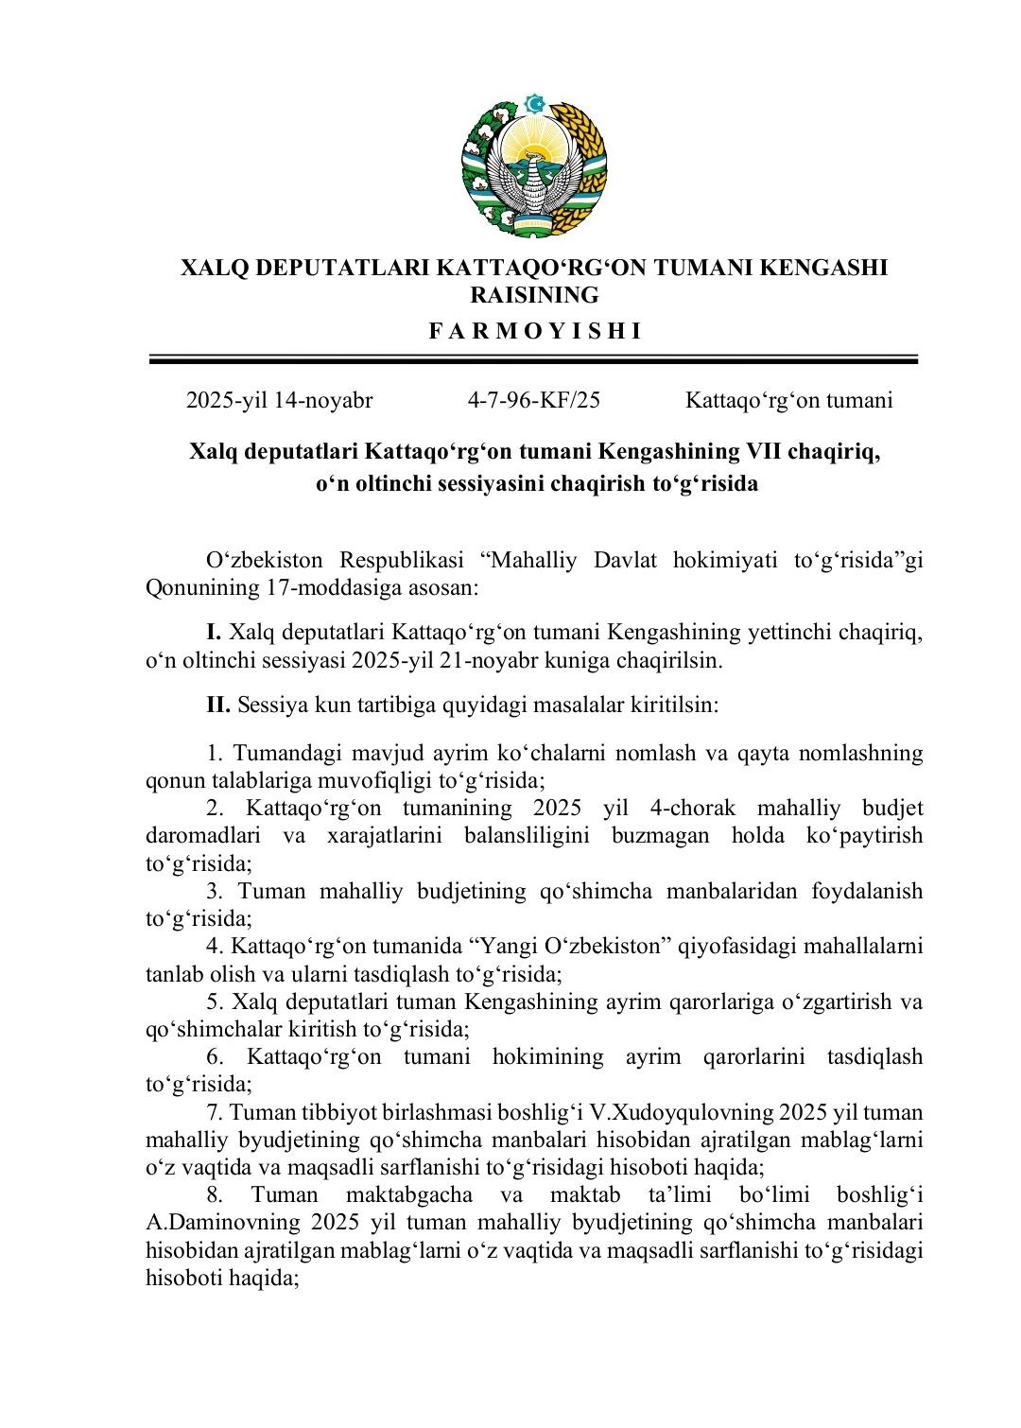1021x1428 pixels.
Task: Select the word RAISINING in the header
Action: point(534,296)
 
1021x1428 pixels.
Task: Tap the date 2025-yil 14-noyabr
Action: point(279,400)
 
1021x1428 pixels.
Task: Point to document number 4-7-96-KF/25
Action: point(533,400)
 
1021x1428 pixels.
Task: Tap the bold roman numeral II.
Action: point(218,705)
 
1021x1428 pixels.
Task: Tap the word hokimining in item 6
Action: point(547,1056)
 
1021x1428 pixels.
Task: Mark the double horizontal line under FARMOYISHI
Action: point(534,359)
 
